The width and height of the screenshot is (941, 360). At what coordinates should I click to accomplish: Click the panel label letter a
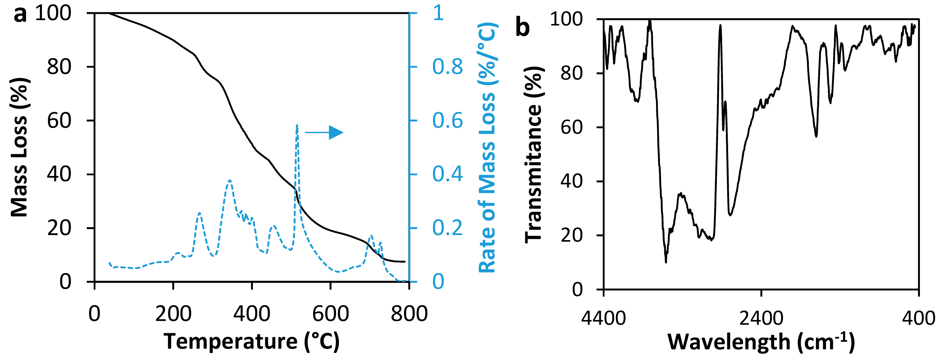tap(20, 14)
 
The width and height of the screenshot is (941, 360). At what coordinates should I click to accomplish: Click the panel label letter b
tap(522, 27)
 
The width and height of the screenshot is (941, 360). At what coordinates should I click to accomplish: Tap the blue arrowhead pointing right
tap(336, 132)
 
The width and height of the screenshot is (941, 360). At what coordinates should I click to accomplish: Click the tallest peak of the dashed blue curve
tap(297, 125)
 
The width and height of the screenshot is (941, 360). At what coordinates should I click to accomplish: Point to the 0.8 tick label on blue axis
tap(448, 67)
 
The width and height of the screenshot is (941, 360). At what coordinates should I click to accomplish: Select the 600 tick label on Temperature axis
tap(330, 314)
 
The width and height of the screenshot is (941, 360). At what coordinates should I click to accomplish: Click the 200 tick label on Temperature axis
tap(173, 314)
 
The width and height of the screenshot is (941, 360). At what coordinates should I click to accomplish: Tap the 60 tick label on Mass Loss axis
tap(59, 121)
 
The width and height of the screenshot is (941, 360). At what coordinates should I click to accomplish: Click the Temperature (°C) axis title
tap(251, 342)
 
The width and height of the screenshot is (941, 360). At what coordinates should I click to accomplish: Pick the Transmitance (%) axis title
tap(534, 154)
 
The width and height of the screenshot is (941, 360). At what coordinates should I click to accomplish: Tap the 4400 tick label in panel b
tap(603, 318)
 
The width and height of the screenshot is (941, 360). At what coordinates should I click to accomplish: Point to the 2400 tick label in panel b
tap(761, 318)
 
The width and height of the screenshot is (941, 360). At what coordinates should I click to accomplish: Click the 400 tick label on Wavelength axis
tap(918, 318)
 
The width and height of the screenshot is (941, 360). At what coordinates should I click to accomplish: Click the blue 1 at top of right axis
tap(438, 13)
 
